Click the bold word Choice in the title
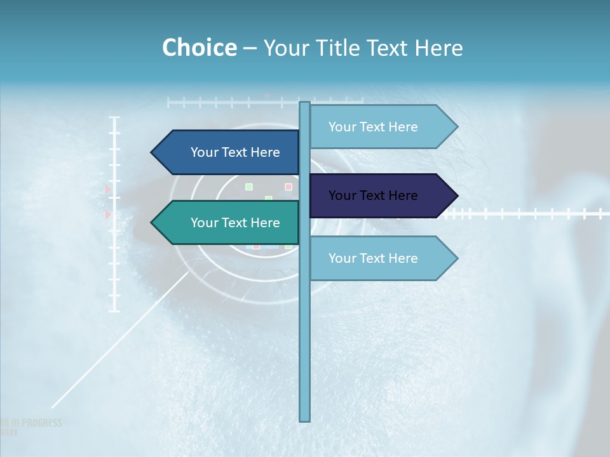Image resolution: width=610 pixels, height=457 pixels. pyautogui.click(x=199, y=48)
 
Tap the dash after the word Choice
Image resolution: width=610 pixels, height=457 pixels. pyautogui.click(x=250, y=49)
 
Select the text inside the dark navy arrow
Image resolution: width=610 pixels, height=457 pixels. pyautogui.click(x=373, y=195)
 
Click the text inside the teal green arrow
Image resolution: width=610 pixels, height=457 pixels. pyautogui.click(x=235, y=223)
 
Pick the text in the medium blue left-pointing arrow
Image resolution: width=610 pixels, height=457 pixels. pyautogui.click(x=235, y=152)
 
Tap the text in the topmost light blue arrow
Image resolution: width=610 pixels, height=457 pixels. pyautogui.click(x=373, y=127)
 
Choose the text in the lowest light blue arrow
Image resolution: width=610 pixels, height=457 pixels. pyautogui.click(x=373, y=258)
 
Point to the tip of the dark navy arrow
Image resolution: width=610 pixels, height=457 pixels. pyautogui.click(x=456, y=195)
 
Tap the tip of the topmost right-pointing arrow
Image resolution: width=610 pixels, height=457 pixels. pyautogui.click(x=456, y=127)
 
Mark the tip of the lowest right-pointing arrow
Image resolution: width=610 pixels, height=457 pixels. pyautogui.click(x=456, y=258)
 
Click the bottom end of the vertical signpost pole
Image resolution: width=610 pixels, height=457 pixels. pyautogui.click(x=305, y=420)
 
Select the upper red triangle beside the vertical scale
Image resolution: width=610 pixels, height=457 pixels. pyautogui.click(x=108, y=189)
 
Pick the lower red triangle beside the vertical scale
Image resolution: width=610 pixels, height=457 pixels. pyautogui.click(x=108, y=215)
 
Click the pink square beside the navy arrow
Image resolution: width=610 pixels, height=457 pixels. pyautogui.click(x=288, y=187)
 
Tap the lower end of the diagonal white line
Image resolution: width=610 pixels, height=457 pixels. pyautogui.click(x=53, y=406)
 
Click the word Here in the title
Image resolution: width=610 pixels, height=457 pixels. pyautogui.click(x=438, y=48)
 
